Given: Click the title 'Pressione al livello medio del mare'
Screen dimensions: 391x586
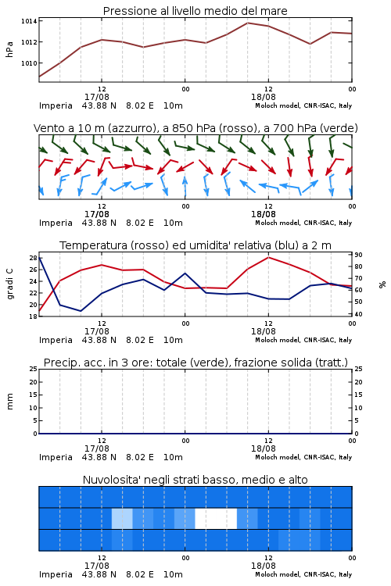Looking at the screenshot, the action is pyautogui.click(x=195, y=11).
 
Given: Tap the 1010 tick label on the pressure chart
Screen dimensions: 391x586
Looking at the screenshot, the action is pyautogui.click(x=29, y=63).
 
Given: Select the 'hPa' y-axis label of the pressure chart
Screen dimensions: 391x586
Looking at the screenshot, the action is pyautogui.click(x=9, y=49).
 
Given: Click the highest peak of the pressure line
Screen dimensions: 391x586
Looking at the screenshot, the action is pyautogui.click(x=247, y=23).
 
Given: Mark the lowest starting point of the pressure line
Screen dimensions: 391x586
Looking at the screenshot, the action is pyautogui.click(x=39, y=77).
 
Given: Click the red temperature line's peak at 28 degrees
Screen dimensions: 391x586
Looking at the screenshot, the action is pyautogui.click(x=268, y=257).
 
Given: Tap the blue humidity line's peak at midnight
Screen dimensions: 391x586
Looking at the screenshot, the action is pyautogui.click(x=185, y=273).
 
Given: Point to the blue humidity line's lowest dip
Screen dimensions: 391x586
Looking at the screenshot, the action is pyautogui.click(x=81, y=311).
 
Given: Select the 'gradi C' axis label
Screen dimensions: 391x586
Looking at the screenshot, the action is pyautogui.click(x=10, y=284).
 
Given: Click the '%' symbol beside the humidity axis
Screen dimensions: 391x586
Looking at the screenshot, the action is pyautogui.click(x=382, y=284).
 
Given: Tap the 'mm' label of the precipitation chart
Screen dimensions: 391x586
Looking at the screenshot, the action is pyautogui.click(x=9, y=402).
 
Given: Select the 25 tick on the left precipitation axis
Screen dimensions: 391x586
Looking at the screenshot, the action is pyautogui.click(x=33, y=369).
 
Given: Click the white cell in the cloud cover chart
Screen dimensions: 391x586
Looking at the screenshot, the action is pyautogui.click(x=216, y=518).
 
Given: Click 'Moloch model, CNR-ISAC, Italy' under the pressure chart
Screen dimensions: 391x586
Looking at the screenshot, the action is pyautogui.click(x=303, y=105).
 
